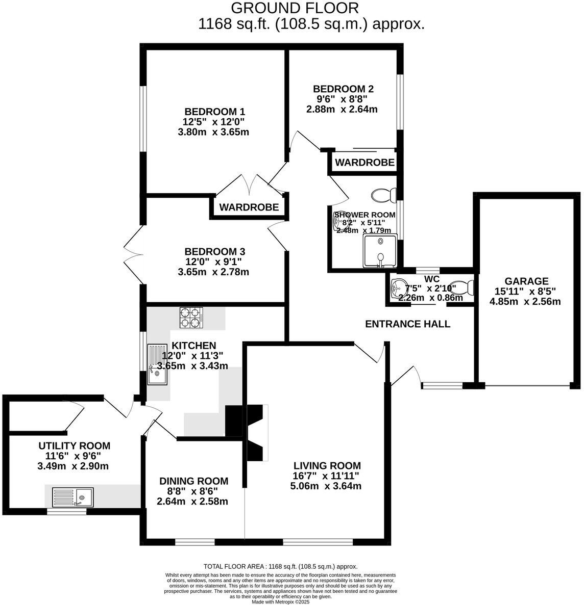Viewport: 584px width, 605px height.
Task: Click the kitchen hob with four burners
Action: (191, 318)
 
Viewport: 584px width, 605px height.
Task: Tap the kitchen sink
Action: (158, 365)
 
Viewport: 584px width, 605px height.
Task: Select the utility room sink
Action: (72, 496)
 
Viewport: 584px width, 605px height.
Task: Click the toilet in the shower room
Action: (384, 195)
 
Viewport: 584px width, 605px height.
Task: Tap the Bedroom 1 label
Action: (215, 112)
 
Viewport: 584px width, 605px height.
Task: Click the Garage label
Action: (526, 281)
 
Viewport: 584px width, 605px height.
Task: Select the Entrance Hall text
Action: (408, 324)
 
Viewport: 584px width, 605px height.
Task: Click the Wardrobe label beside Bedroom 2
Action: (364, 163)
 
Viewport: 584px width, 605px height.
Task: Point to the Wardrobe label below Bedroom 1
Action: (249, 207)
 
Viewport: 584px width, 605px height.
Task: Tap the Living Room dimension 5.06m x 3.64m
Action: (327, 486)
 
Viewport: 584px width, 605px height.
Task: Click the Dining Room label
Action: (193, 481)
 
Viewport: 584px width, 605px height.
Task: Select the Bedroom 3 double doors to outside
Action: (134, 248)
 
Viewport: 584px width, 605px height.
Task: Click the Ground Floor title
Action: (295, 8)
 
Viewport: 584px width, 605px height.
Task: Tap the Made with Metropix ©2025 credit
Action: (281, 601)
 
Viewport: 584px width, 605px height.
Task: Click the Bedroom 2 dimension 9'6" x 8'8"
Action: (342, 99)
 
